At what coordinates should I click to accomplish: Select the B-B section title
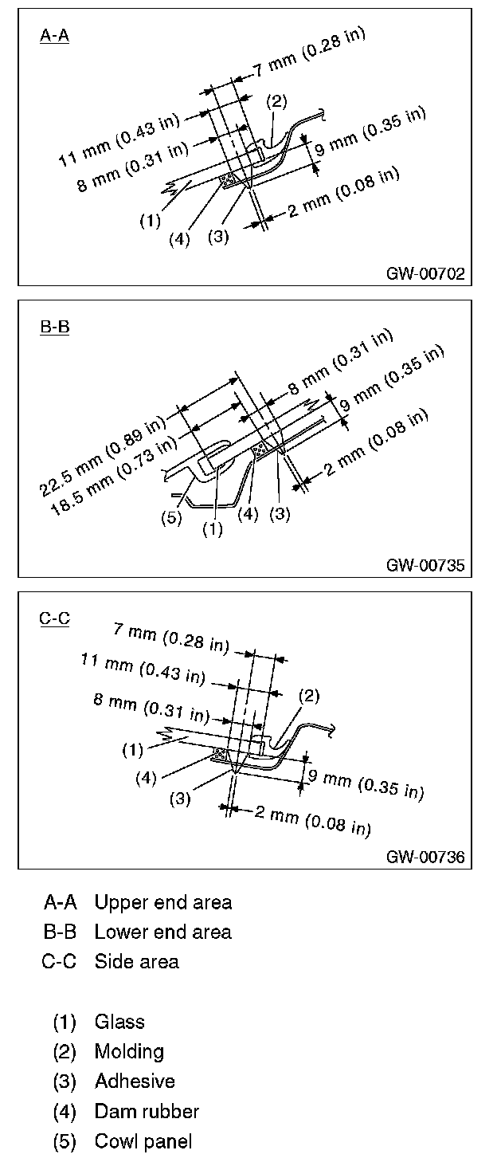pos(55,327)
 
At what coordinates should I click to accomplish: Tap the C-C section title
pos(55,618)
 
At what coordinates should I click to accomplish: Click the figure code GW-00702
pos(425,274)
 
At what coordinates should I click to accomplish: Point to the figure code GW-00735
pos(425,566)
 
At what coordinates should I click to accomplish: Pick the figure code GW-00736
pos(425,858)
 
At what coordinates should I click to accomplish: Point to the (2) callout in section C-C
pos(309,696)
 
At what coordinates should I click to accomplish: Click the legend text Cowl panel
pos(143,1141)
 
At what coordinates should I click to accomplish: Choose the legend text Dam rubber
pos(147,1111)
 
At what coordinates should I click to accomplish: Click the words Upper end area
pos(162,902)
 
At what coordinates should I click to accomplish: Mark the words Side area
pos(136,961)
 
